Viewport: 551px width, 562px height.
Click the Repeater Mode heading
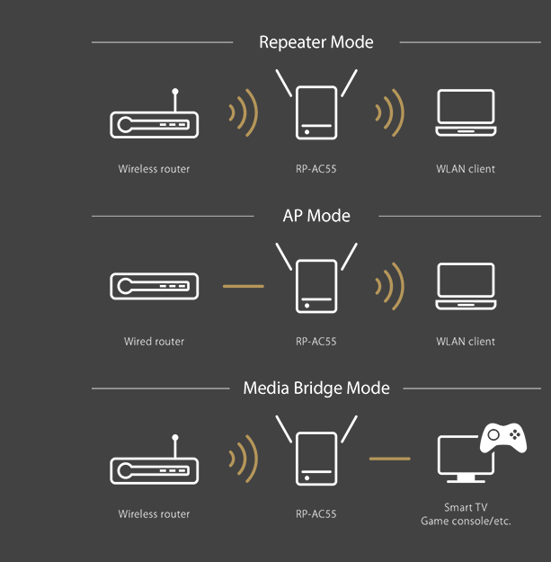tap(316, 42)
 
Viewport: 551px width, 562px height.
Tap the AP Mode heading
tap(316, 216)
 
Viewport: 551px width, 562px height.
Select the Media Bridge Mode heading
tap(316, 388)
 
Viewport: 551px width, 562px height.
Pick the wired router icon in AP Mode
tap(154, 286)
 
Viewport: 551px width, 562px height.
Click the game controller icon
tap(503, 438)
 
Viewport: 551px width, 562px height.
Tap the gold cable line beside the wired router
tap(244, 286)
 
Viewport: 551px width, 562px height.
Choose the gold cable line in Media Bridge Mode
tap(390, 459)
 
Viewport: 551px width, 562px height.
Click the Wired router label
tap(154, 342)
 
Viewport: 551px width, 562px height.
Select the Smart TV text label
tap(466, 507)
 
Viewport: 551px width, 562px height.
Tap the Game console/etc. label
tap(466, 521)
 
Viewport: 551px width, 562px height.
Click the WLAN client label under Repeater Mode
tap(466, 169)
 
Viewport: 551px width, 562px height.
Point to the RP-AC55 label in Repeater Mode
tap(316, 169)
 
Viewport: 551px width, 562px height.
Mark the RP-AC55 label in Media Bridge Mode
tap(316, 514)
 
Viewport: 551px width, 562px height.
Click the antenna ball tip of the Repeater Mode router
tap(175, 92)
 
